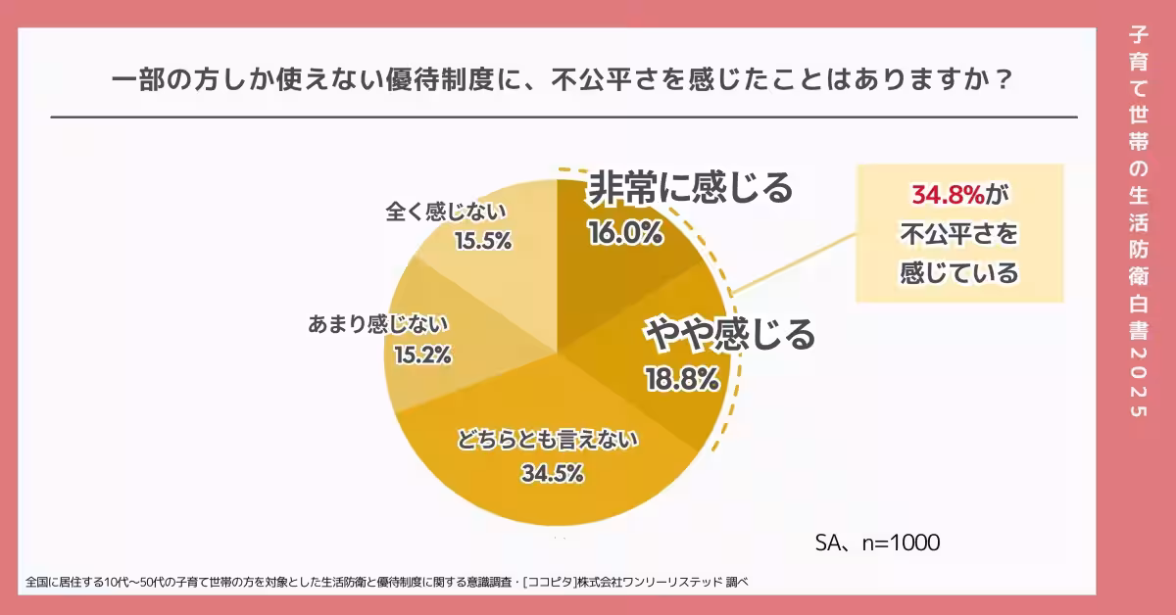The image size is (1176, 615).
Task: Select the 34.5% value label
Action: [552, 474]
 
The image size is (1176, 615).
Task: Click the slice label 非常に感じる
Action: [689, 188]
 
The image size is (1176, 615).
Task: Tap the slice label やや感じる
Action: [729, 335]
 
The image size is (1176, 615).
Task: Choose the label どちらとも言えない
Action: [548, 441]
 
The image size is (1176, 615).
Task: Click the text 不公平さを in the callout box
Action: [959, 234]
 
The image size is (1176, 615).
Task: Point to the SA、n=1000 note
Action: [877, 543]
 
